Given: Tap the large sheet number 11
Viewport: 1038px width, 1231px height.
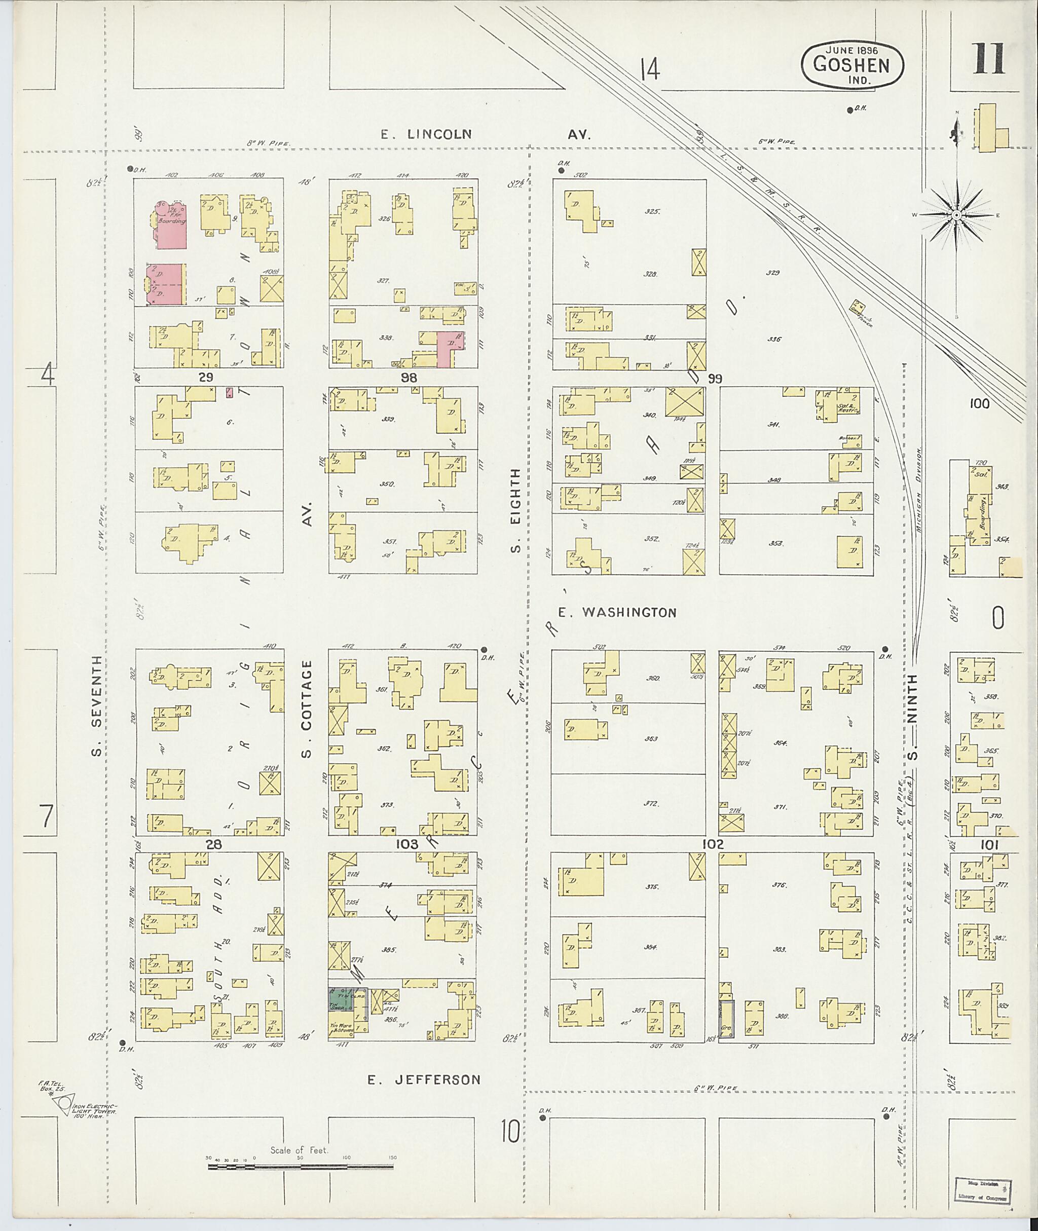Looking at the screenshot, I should (x=988, y=59).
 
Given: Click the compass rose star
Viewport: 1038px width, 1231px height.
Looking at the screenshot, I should (x=957, y=215).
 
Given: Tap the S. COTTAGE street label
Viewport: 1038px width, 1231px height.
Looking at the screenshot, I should (x=306, y=709).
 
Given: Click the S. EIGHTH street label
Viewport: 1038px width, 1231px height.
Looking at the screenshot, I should (x=515, y=511).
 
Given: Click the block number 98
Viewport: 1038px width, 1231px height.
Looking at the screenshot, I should (x=409, y=377).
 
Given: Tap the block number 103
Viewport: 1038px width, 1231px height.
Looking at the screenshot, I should (x=406, y=844).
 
